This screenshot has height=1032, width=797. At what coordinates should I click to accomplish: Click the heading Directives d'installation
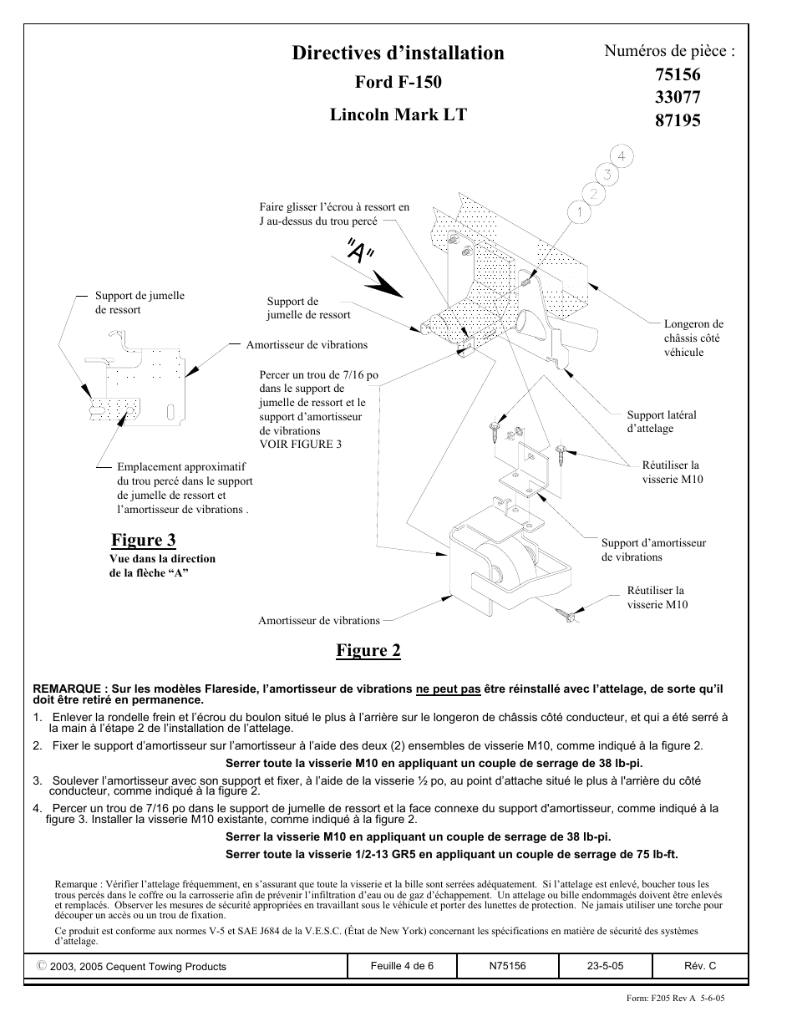(x=398, y=53)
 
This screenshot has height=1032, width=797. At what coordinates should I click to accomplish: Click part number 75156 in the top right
(x=678, y=74)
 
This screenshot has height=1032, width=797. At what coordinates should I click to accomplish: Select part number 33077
(x=678, y=97)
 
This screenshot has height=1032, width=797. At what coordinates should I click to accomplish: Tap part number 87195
(x=678, y=119)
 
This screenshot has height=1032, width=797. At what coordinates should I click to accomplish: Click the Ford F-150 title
(x=398, y=82)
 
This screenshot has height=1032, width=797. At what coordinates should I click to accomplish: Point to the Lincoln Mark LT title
(x=398, y=114)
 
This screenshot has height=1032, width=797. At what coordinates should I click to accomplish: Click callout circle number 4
(x=622, y=156)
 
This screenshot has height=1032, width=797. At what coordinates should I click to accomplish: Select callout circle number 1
(x=577, y=212)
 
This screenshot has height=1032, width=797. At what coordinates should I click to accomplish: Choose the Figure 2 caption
(x=368, y=651)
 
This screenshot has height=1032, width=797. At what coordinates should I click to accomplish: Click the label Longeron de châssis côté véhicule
(x=693, y=338)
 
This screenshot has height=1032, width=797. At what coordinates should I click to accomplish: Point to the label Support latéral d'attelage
(x=661, y=421)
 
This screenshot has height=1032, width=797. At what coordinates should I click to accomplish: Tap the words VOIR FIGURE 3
(x=300, y=445)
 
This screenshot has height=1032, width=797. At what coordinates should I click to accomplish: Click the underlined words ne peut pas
(x=448, y=689)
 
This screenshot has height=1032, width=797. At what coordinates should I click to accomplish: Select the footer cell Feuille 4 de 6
(x=402, y=966)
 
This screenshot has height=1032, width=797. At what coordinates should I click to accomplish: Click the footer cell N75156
(x=507, y=966)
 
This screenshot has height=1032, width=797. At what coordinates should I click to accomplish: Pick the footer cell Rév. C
(x=700, y=966)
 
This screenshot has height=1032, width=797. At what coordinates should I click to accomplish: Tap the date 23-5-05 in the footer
(x=605, y=966)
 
